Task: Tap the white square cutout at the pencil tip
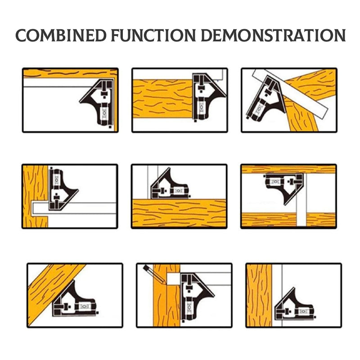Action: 173,278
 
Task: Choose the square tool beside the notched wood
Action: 61,187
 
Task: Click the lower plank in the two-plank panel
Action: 288,220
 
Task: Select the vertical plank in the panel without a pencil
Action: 259,295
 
